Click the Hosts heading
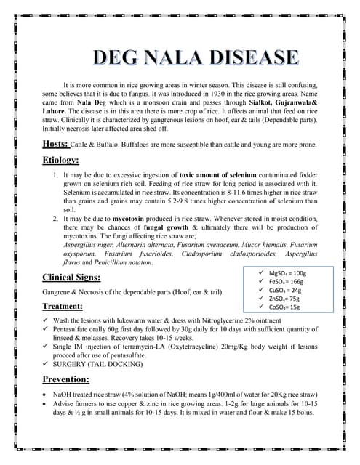pos(56,143)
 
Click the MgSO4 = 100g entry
pos(288,272)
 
